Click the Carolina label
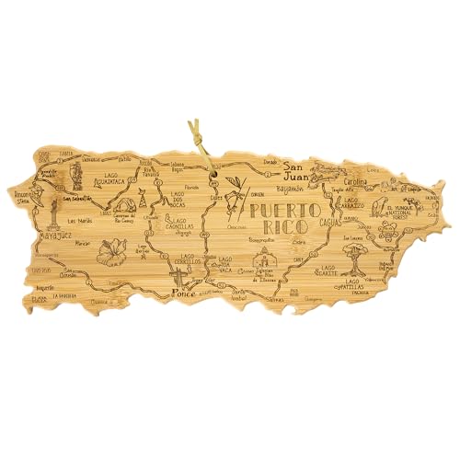click(360, 182)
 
